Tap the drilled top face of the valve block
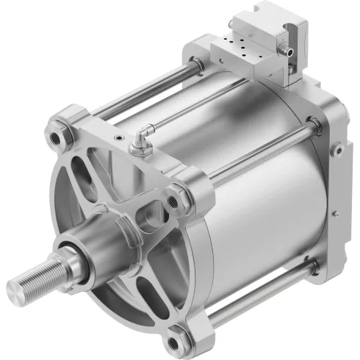click(238, 49)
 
